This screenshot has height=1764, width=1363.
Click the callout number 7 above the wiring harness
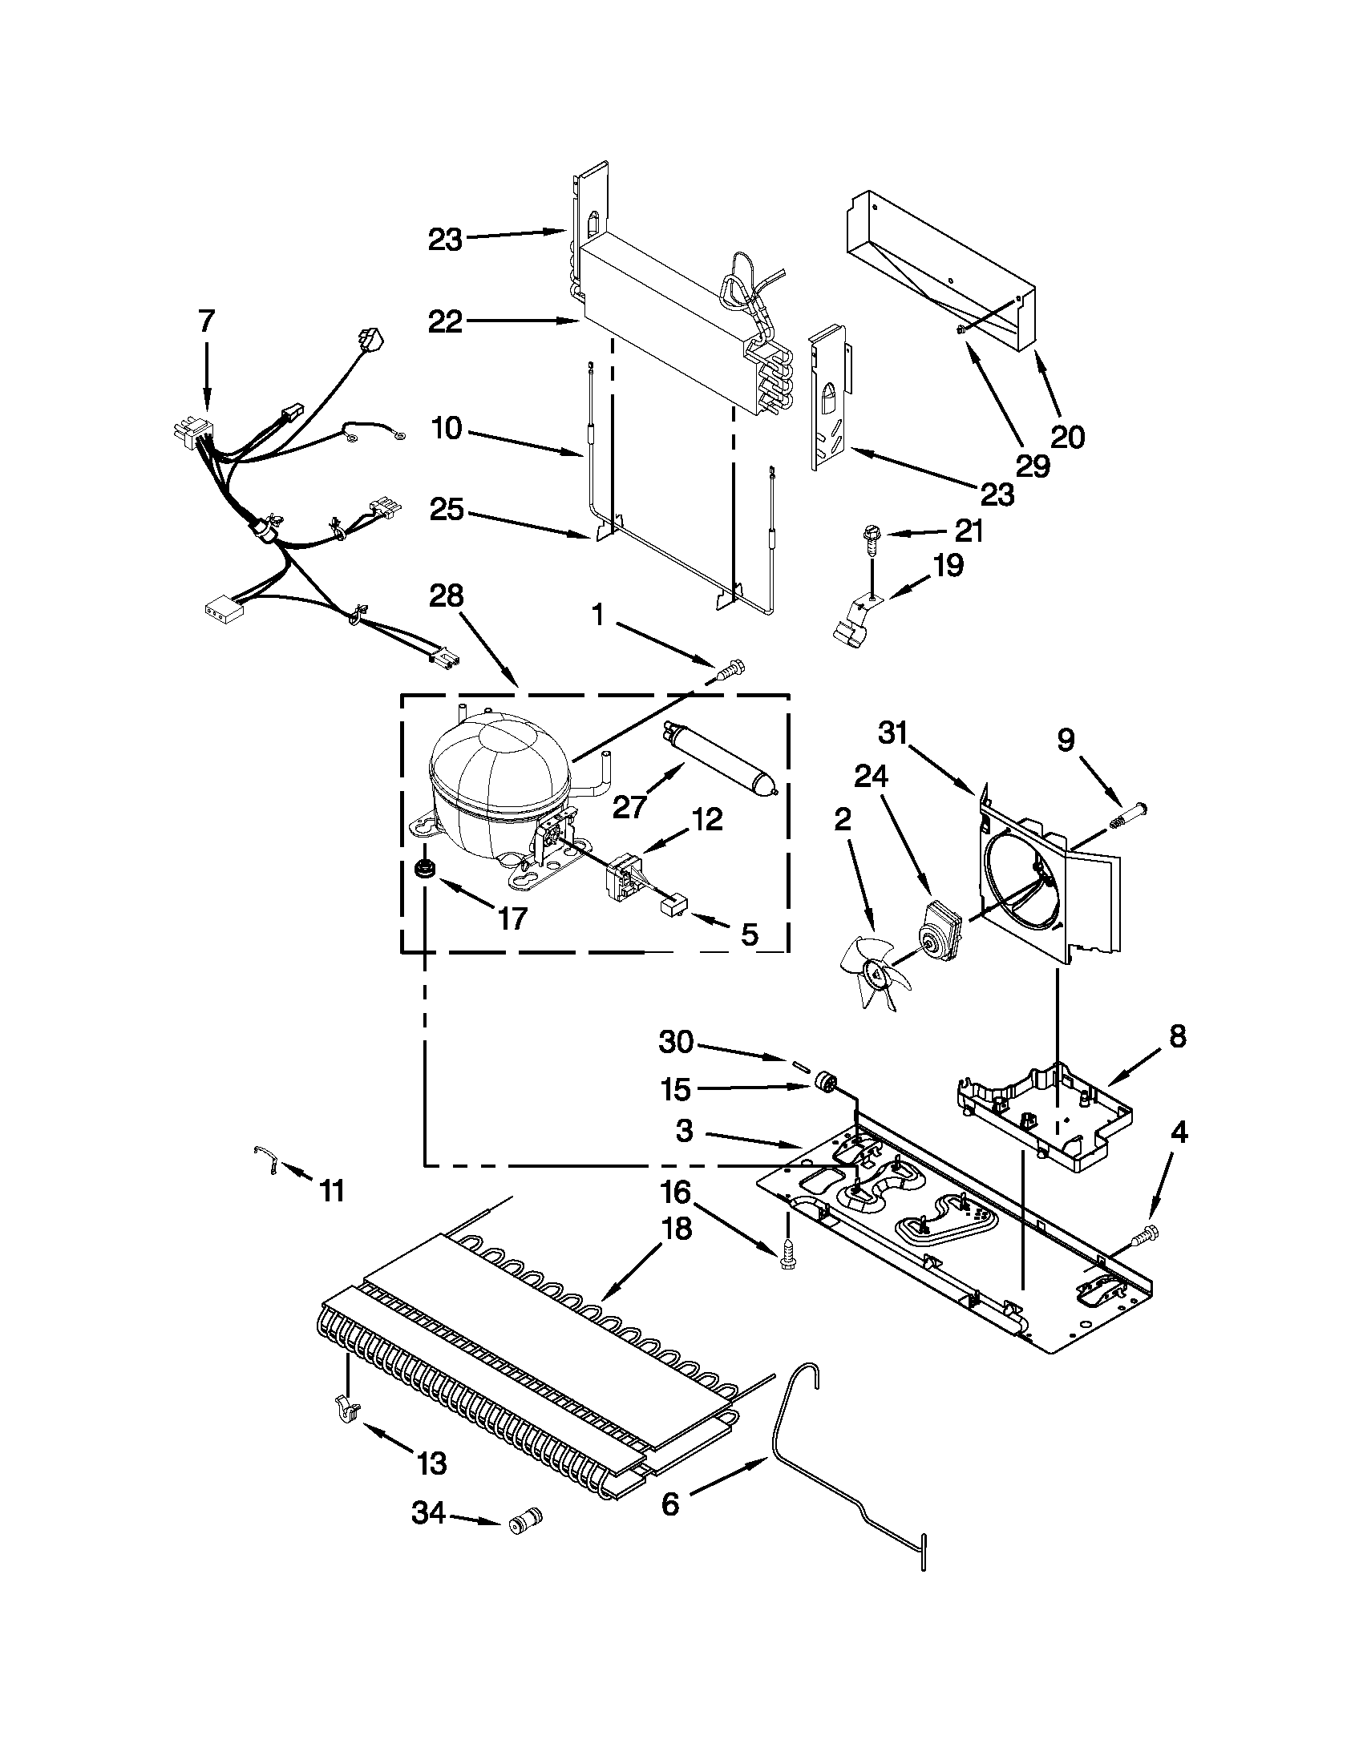(207, 321)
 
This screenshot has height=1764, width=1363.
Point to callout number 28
(446, 595)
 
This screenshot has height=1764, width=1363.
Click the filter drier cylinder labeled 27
(718, 757)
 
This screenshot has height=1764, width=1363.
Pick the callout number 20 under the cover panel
(1067, 437)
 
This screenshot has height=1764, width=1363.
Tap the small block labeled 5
(673, 910)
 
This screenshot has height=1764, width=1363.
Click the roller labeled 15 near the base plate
(824, 1080)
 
